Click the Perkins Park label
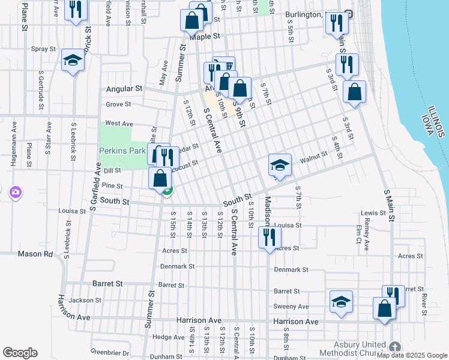point(122,151)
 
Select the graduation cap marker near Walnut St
point(280,164)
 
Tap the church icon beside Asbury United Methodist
point(394,347)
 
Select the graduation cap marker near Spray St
point(73,60)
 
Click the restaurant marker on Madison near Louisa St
point(269,236)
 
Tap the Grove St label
point(118,104)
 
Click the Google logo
point(20,353)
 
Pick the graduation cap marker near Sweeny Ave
point(341,302)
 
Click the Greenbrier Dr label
point(110,352)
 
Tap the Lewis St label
point(373,213)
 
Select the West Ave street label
point(119,123)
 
